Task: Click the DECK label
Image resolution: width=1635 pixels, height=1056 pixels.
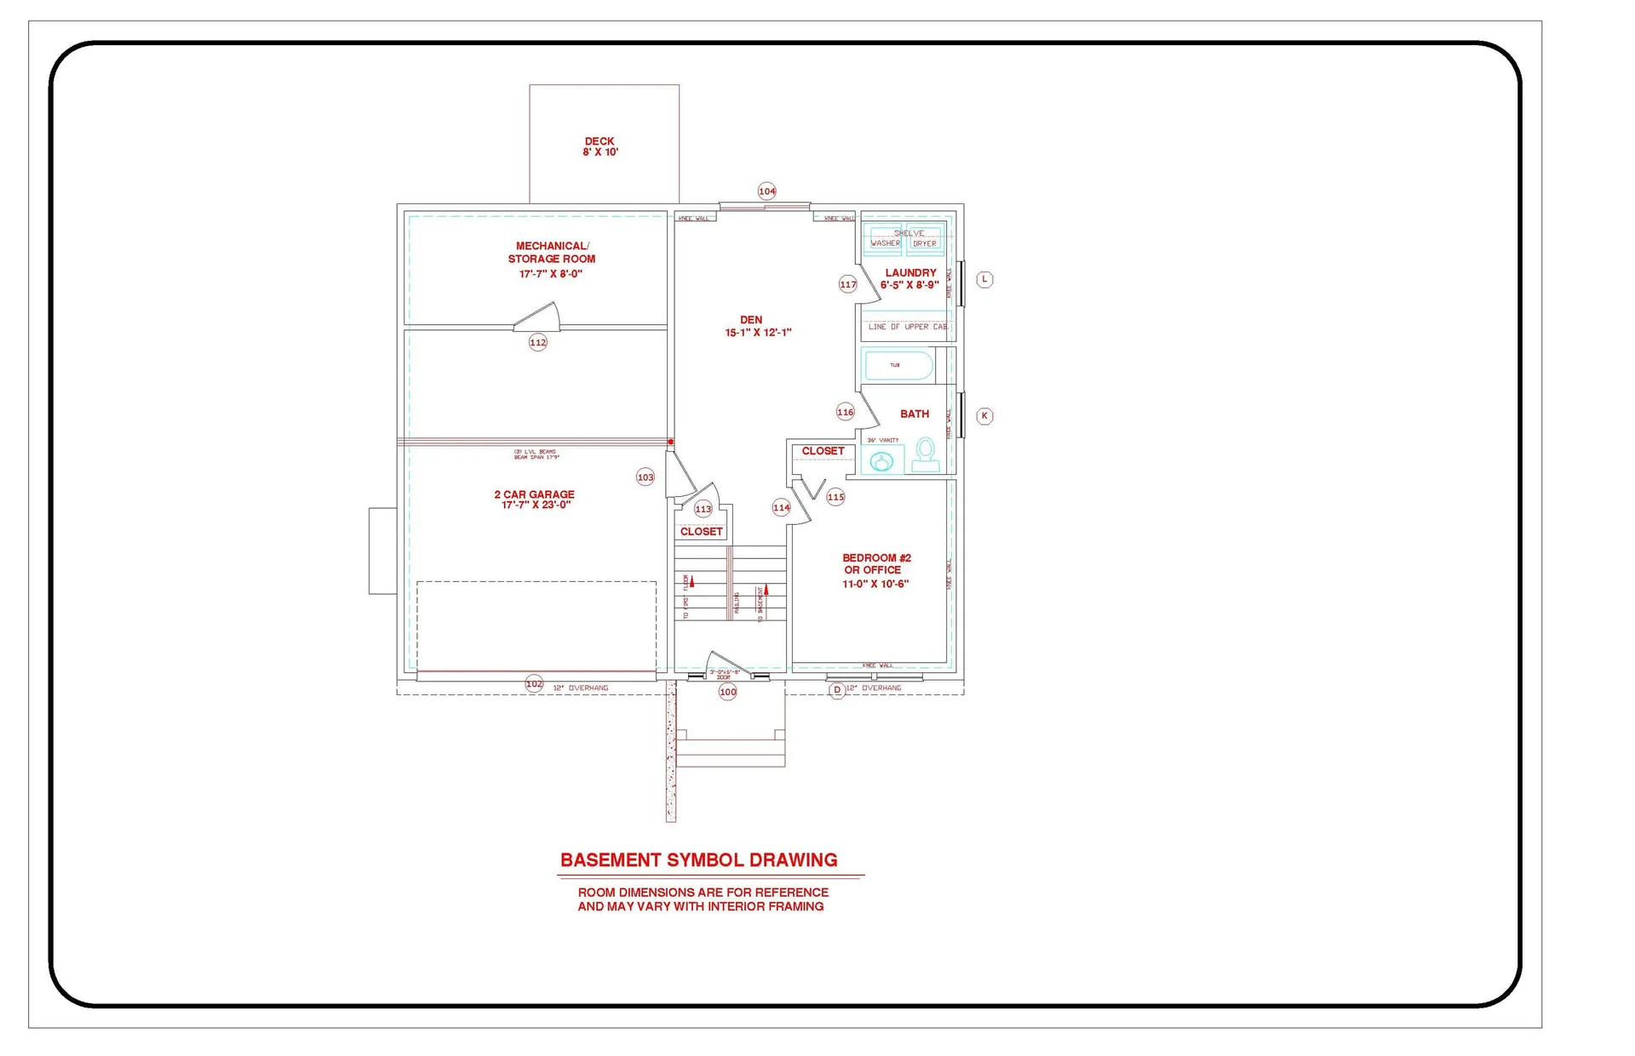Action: coord(599,141)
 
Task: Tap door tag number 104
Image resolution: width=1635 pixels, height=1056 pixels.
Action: coord(766,191)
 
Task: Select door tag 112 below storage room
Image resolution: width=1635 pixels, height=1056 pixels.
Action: coord(537,343)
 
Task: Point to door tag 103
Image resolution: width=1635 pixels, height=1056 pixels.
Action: coord(645,477)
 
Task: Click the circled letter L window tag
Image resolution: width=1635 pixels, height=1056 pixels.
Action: coord(984,279)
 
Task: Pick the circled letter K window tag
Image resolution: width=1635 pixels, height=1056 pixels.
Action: coord(984,416)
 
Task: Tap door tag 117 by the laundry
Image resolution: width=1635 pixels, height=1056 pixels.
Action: coord(847,284)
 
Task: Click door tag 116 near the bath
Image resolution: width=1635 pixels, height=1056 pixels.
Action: coord(845,412)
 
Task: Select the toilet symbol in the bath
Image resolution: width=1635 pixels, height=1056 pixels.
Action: coord(925,454)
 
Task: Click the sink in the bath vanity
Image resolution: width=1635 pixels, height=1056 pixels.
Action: coord(881,461)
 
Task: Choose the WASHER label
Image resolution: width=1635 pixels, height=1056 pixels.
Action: coord(885,243)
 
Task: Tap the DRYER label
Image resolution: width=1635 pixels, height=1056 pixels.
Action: coord(924,243)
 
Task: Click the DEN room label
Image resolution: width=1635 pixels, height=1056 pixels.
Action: coord(751,320)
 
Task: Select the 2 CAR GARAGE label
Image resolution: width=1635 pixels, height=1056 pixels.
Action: coord(534,494)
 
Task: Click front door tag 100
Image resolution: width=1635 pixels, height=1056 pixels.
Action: coord(727,692)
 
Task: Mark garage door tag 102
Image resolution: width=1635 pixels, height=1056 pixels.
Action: coord(534,683)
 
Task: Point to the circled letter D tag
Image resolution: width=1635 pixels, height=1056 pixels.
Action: coord(837,690)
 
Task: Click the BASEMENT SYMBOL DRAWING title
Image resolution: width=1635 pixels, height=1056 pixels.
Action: coord(698,860)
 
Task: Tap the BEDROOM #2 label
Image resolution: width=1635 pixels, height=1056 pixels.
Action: coord(876,558)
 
